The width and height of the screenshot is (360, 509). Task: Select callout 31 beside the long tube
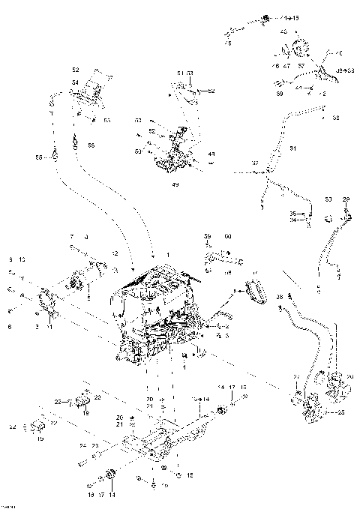[292, 148]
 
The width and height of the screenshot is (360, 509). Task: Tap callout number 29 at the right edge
[346, 199]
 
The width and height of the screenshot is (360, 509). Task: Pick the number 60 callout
[228, 236]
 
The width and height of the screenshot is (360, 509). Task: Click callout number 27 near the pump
[295, 377]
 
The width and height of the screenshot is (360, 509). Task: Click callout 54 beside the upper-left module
[75, 82]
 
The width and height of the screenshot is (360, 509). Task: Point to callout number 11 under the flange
[49, 328]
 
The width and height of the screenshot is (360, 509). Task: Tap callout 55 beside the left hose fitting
[40, 158]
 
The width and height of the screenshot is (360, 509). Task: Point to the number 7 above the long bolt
[72, 236]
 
